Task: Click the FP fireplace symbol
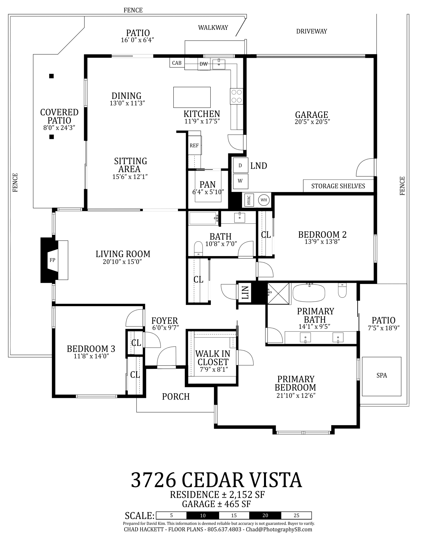[52, 260]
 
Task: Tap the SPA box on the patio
[381, 376]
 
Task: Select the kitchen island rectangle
[192, 97]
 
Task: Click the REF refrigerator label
[194, 146]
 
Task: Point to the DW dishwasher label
[204, 64]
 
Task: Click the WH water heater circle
[263, 200]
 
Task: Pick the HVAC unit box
[248, 200]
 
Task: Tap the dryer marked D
[240, 165]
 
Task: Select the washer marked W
[240, 181]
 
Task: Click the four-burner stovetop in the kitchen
[236, 96]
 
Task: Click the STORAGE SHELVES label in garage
[338, 186]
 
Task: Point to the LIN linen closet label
[246, 292]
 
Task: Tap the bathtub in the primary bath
[309, 293]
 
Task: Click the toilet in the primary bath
[342, 290]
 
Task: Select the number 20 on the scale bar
[265, 515]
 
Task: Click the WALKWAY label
[213, 28]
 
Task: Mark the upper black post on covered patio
[51, 76]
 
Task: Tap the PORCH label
[176, 396]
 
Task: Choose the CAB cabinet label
[177, 63]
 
